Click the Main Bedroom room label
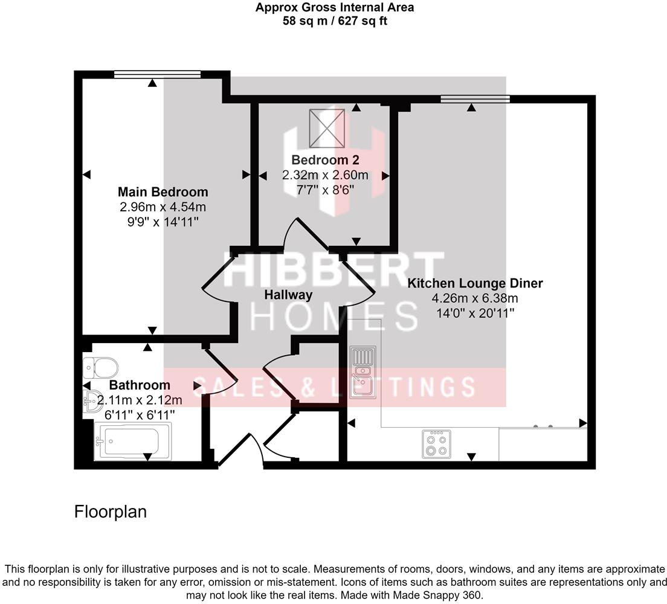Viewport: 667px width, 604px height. (163, 192)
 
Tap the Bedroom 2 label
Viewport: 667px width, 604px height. (325, 160)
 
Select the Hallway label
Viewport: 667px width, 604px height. (289, 295)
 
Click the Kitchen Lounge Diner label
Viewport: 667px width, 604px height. (475, 283)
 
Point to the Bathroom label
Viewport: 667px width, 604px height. (140, 385)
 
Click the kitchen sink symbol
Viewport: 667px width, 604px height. (362, 371)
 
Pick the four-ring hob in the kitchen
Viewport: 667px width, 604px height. (436, 444)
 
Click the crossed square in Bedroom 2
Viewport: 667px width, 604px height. (327, 128)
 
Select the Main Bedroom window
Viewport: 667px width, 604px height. (157, 74)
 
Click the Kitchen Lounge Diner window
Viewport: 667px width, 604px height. (475, 99)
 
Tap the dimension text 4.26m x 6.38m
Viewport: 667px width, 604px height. (475, 298)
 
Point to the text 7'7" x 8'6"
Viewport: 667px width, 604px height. (325, 190)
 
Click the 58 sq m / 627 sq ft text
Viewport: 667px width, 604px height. (335, 21)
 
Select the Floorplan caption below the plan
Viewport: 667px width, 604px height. (111, 512)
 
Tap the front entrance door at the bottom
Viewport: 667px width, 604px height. (242, 450)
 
